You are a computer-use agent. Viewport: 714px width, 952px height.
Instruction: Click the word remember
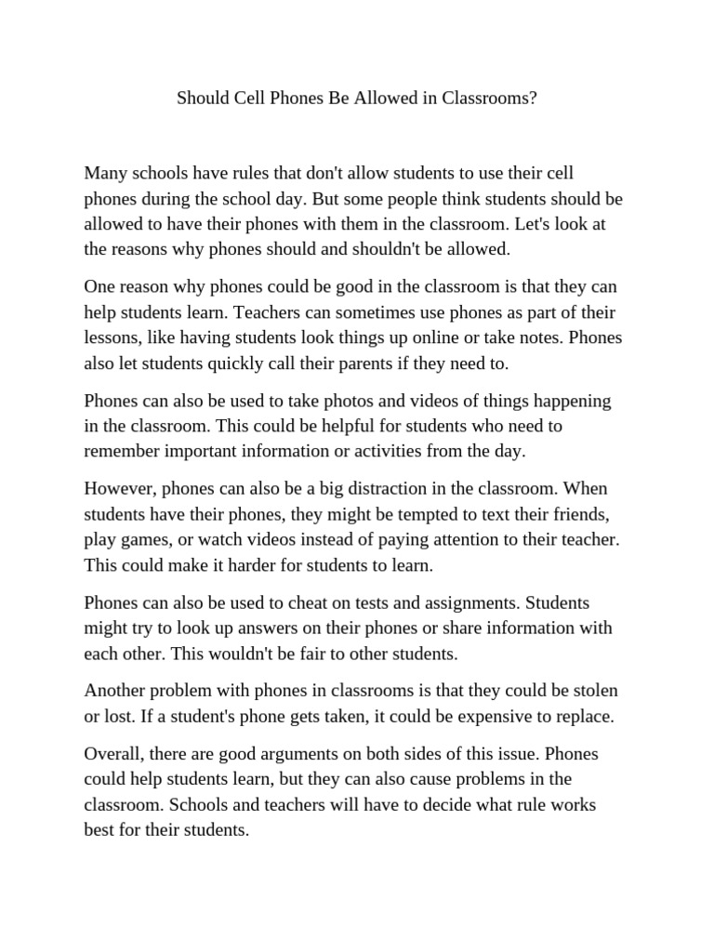click(x=120, y=452)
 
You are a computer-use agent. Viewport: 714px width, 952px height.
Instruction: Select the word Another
click(x=115, y=692)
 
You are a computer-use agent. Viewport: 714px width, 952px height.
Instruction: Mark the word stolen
click(x=595, y=692)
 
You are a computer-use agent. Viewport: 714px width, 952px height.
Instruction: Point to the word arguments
click(x=299, y=754)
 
